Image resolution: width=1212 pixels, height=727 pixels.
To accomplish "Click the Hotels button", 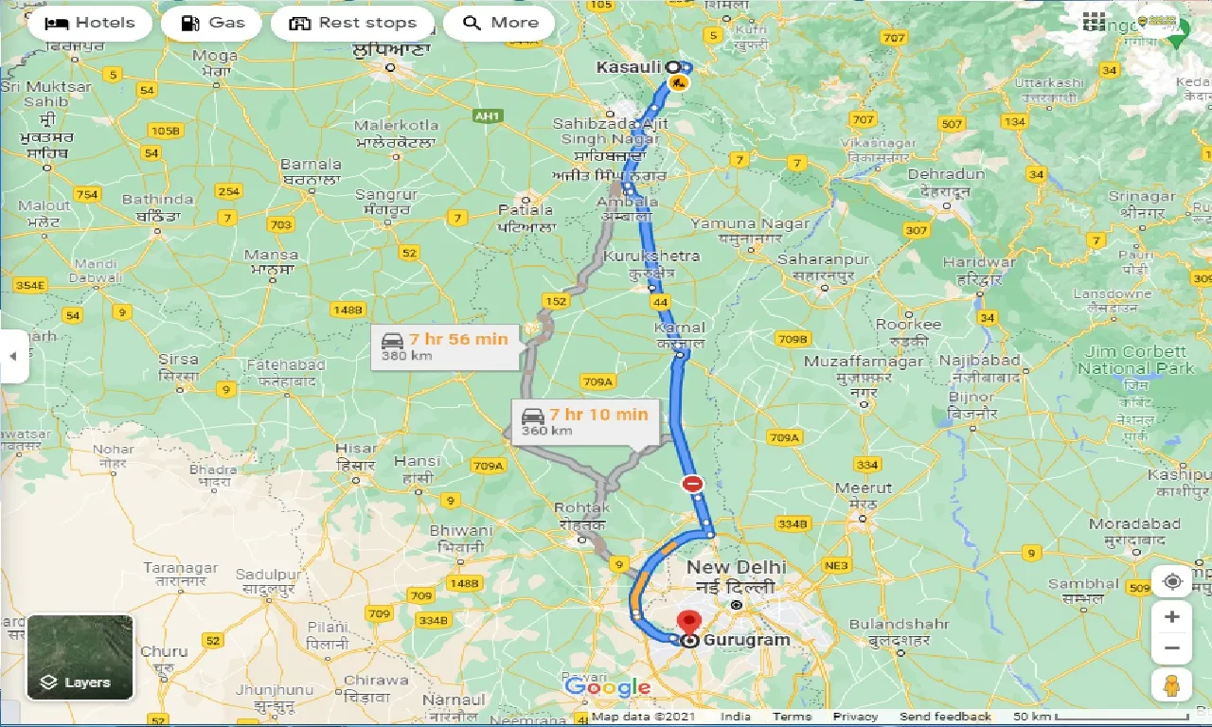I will click(x=90, y=23).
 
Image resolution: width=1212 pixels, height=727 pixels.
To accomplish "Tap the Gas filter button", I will click(x=211, y=23).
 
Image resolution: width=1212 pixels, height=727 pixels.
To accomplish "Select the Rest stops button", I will click(x=352, y=23).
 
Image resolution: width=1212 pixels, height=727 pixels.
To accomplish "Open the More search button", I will click(x=499, y=23).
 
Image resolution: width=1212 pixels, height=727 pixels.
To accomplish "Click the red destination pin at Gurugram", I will click(x=689, y=624).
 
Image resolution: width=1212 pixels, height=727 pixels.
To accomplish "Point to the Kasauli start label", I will click(x=629, y=67).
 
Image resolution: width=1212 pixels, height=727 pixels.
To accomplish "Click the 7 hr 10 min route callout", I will click(x=584, y=421).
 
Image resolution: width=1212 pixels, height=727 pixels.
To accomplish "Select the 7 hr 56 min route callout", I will click(x=445, y=346).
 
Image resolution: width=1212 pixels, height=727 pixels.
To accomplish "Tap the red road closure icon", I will click(x=693, y=484).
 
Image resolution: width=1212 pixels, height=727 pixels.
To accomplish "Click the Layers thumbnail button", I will click(x=80, y=657).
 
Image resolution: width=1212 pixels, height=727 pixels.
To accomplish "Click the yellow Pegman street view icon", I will click(x=1172, y=684).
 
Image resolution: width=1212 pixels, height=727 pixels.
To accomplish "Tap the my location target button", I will click(x=1172, y=581).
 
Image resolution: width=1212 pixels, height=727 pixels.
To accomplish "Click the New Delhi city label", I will click(x=736, y=567).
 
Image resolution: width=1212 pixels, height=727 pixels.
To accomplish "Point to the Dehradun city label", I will click(x=946, y=175).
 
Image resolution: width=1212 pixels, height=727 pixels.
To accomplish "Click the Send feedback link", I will click(x=945, y=717).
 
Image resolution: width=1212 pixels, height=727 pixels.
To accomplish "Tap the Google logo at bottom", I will click(x=607, y=687).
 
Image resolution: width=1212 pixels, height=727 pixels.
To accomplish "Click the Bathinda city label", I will click(x=157, y=200).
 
